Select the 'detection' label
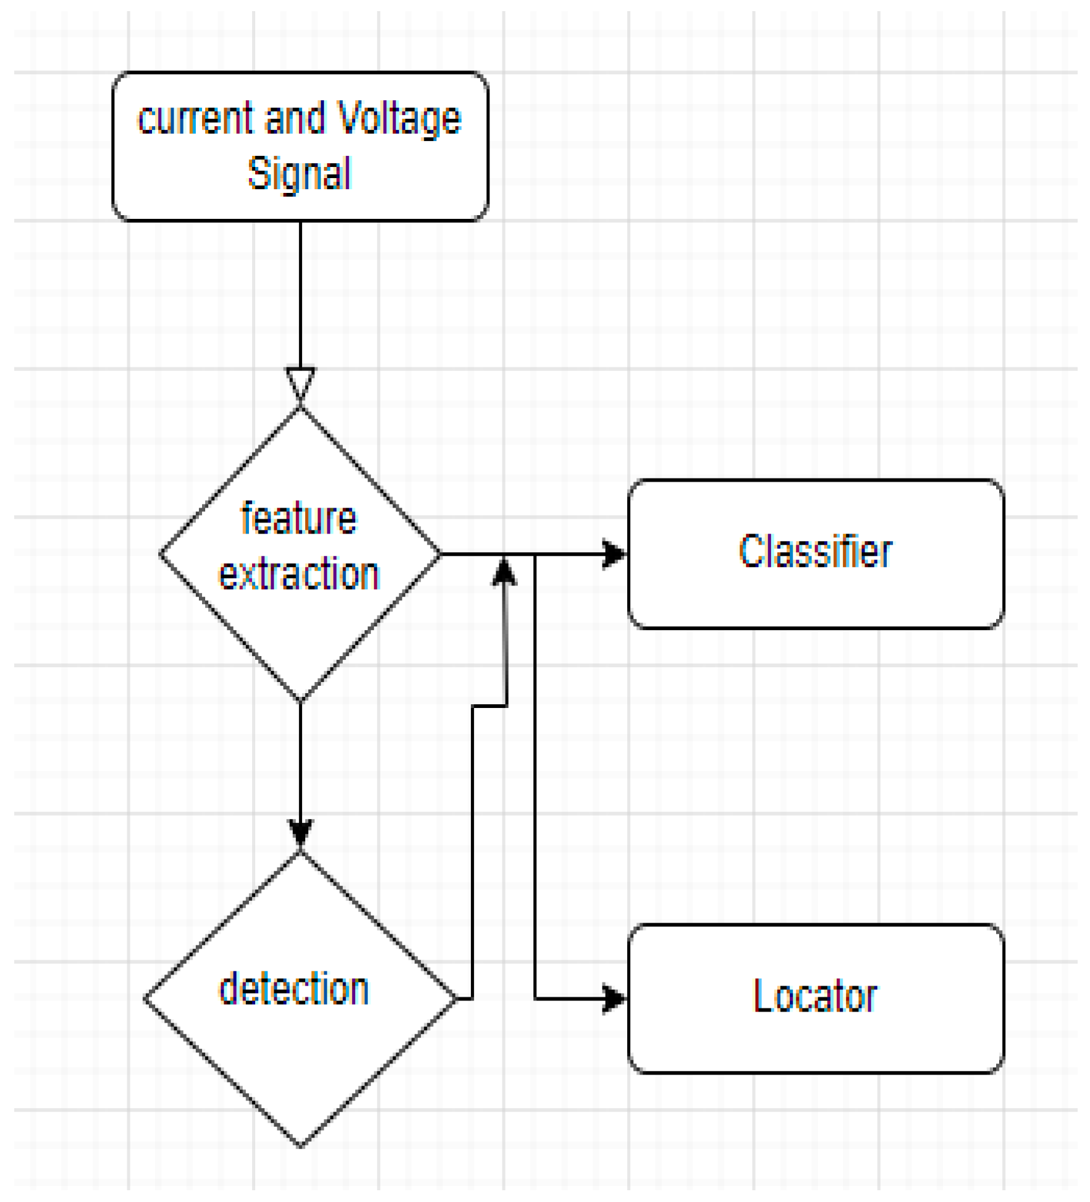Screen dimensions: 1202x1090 pyautogui.click(x=294, y=989)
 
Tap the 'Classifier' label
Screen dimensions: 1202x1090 pyautogui.click(x=816, y=552)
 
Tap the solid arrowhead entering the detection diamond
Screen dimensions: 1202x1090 pyautogui.click(x=300, y=832)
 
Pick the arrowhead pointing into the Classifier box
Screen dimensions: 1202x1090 pyautogui.click(x=614, y=554)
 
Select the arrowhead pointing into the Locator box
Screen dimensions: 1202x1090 pyautogui.click(x=614, y=999)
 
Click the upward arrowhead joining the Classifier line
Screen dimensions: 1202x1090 pyautogui.click(x=504, y=571)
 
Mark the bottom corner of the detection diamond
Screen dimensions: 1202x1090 pyautogui.click(x=300, y=1146)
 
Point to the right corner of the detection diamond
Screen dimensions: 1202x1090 pyautogui.click(x=455, y=999)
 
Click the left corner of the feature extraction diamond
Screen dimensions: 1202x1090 pyautogui.click(x=161, y=555)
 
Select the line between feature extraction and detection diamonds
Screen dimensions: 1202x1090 pyautogui.click(x=300, y=761)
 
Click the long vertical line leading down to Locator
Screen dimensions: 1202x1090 pyautogui.click(x=535, y=773)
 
